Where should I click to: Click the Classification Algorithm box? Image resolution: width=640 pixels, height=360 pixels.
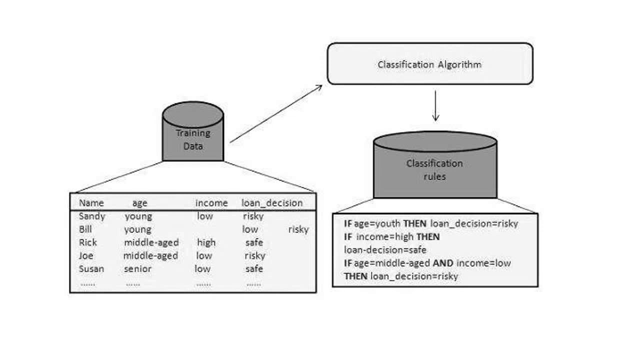[430, 64]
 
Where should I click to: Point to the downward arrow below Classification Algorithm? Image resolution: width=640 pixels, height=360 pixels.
[435, 105]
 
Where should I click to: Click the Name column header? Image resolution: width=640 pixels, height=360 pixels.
[91, 203]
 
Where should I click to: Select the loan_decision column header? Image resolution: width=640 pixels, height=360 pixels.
[272, 203]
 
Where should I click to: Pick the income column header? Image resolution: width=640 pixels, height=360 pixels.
[211, 203]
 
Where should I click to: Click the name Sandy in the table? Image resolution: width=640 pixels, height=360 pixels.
[92, 216]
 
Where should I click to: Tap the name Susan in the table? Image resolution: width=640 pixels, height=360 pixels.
[91, 268]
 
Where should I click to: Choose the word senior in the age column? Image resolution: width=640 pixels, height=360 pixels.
[137, 268]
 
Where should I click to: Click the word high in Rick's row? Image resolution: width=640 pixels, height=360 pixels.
[206, 242]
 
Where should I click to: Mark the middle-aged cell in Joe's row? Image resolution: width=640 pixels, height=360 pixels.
[150, 255]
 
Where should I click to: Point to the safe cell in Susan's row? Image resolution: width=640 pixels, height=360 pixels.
[254, 268]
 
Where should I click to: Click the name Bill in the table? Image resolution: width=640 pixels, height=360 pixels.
[85, 229]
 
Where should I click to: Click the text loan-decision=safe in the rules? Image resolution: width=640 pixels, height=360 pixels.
[385, 249]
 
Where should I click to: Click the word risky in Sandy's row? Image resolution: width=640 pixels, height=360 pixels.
[253, 216]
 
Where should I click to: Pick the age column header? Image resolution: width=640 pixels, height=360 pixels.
[140, 203]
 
